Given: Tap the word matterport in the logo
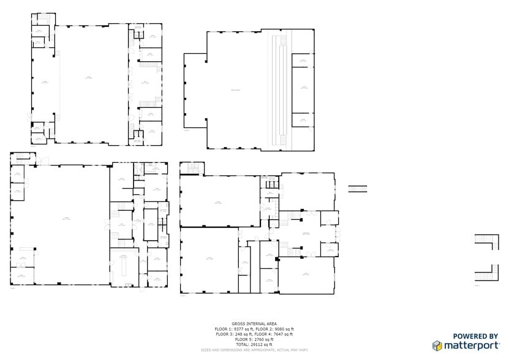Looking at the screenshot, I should pyautogui.click(x=472, y=346).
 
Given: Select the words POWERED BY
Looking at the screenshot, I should pyautogui.click(x=475, y=336).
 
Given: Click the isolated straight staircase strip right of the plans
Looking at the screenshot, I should pyautogui.click(x=358, y=189).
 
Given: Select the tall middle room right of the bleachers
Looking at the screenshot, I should pyautogui.click(x=303, y=89).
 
